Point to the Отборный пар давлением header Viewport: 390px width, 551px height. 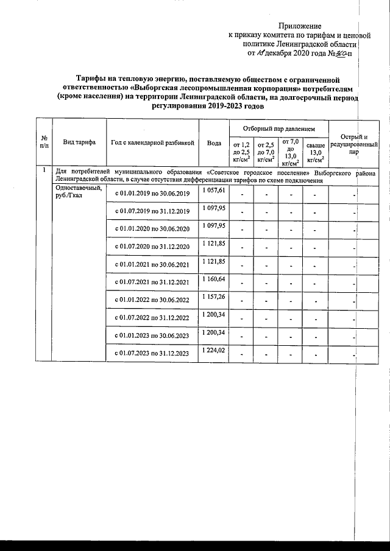pyautogui.click(x=278, y=129)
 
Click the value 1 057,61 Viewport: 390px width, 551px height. pyautogui.click(x=214, y=191)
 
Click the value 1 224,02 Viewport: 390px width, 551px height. pyautogui.click(x=214, y=350)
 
